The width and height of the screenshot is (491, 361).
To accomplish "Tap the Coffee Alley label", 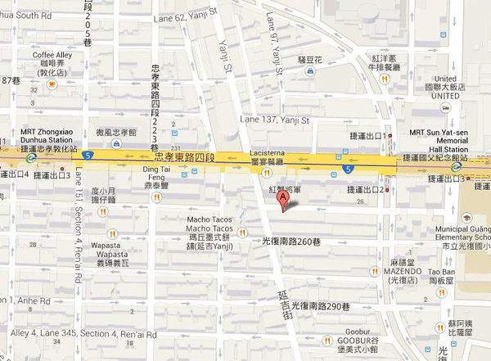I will coord(52,56).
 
